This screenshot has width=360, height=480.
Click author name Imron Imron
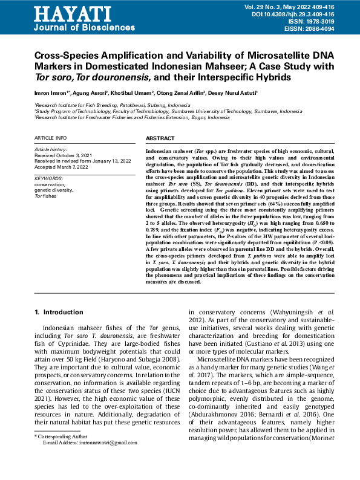52,93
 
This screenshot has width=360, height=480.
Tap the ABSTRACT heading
160,138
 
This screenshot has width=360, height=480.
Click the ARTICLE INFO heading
51,138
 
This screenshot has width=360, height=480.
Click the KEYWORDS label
49,179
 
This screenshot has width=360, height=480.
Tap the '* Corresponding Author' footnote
60,435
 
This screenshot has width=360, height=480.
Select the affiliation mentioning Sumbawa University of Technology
168,112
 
